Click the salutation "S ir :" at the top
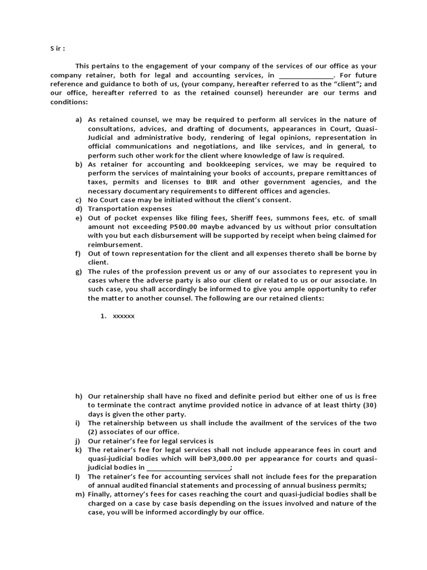point(58,48)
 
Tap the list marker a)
point(78,120)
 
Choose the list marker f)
point(78,253)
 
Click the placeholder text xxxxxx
point(123,316)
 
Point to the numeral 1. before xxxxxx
point(103,316)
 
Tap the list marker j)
point(78,441)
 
